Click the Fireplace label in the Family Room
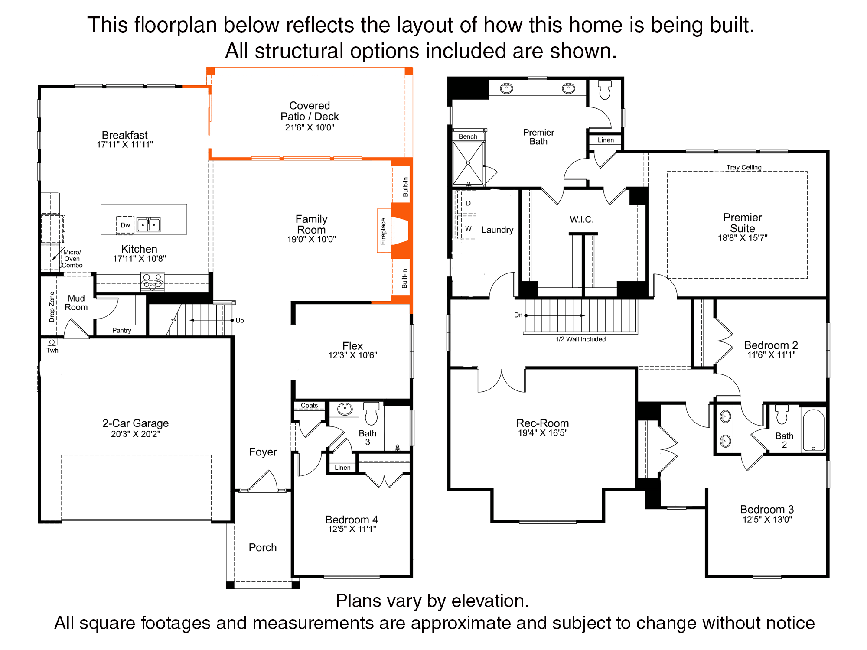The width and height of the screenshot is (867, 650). coord(383,231)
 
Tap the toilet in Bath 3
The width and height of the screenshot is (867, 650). coord(371,413)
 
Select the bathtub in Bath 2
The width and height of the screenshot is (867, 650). coord(814,430)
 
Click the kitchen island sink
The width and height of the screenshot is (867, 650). coord(149,225)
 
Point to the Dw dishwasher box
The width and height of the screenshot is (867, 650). coord(125,225)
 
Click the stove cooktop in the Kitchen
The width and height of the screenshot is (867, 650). coord(152,281)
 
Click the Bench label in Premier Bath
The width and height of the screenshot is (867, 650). coord(468,136)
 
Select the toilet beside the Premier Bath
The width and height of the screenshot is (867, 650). coord(605,89)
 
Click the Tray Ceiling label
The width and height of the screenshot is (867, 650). coord(744,167)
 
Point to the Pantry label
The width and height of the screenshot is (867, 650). coord(122,330)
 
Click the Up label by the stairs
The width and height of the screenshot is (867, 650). coord(240,321)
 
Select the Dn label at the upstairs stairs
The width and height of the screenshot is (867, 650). coord(518,315)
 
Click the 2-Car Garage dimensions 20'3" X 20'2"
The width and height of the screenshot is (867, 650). coord(136,434)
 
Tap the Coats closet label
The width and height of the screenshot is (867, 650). coord(310,406)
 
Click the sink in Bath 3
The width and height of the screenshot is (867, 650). coord(345,409)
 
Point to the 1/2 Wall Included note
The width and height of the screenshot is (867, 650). coord(580,339)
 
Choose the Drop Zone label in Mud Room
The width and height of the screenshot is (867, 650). coord(52,306)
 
